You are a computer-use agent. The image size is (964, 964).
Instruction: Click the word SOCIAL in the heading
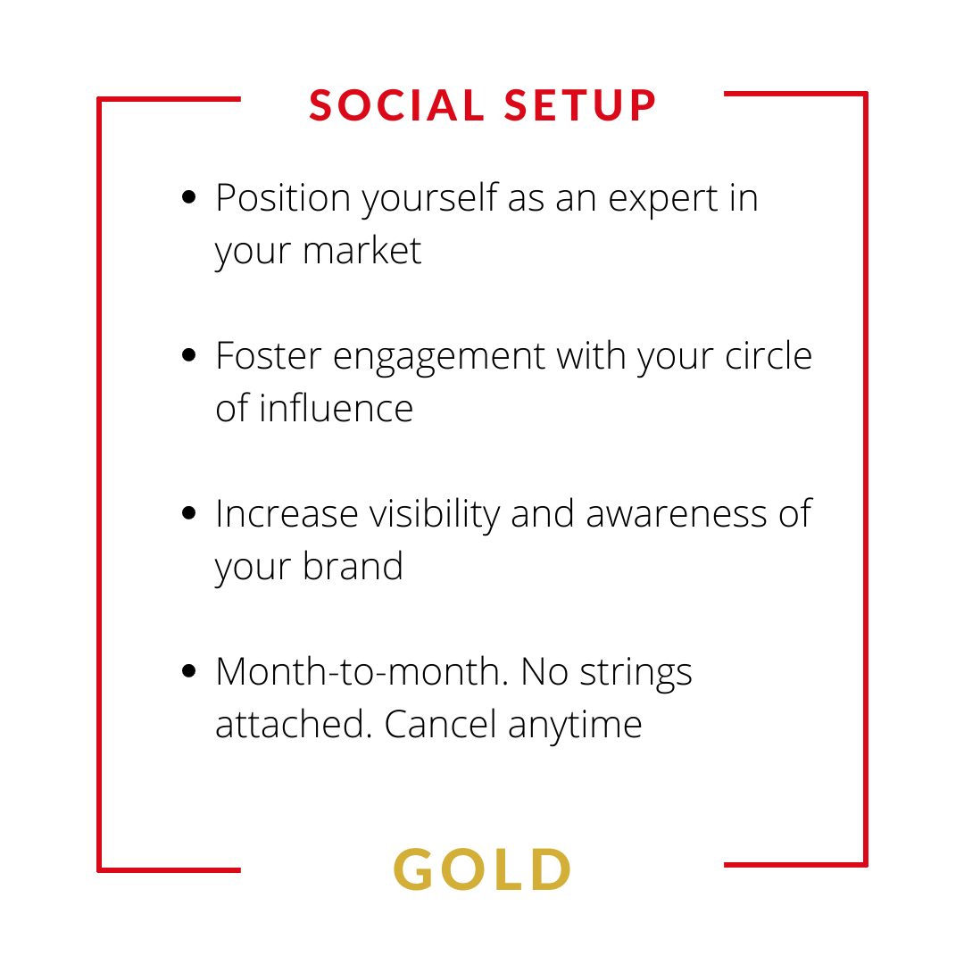pyautogui.click(x=397, y=105)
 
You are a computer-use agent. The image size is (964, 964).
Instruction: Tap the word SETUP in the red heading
pyautogui.click(x=581, y=105)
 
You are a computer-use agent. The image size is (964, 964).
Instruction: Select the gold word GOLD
pyautogui.click(x=483, y=868)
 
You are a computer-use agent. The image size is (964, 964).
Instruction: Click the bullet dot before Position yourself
pyautogui.click(x=188, y=196)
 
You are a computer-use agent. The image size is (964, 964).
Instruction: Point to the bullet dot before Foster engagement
pyautogui.click(x=188, y=354)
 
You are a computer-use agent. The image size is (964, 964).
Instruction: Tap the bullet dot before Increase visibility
pyautogui.click(x=188, y=512)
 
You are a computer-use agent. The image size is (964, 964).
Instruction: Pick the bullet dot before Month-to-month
pyautogui.click(x=188, y=670)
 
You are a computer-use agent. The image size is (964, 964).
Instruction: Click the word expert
pyautogui.click(x=663, y=200)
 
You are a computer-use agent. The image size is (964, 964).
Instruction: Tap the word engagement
pyautogui.click(x=439, y=358)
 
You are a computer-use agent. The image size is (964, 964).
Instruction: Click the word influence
pyautogui.click(x=336, y=408)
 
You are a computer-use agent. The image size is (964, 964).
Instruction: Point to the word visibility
pyautogui.click(x=435, y=515)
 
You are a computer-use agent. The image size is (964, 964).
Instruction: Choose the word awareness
pyautogui.click(x=677, y=514)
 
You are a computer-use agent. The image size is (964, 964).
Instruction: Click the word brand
pyautogui.click(x=353, y=566)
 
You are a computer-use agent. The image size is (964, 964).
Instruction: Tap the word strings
pyautogui.click(x=636, y=674)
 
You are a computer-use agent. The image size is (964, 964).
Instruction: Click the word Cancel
pyautogui.click(x=440, y=724)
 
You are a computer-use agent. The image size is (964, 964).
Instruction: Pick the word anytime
pyautogui.click(x=576, y=727)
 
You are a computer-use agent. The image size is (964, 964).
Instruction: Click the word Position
pyautogui.click(x=283, y=198)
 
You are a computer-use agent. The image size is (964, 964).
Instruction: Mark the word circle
pyautogui.click(x=769, y=355)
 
